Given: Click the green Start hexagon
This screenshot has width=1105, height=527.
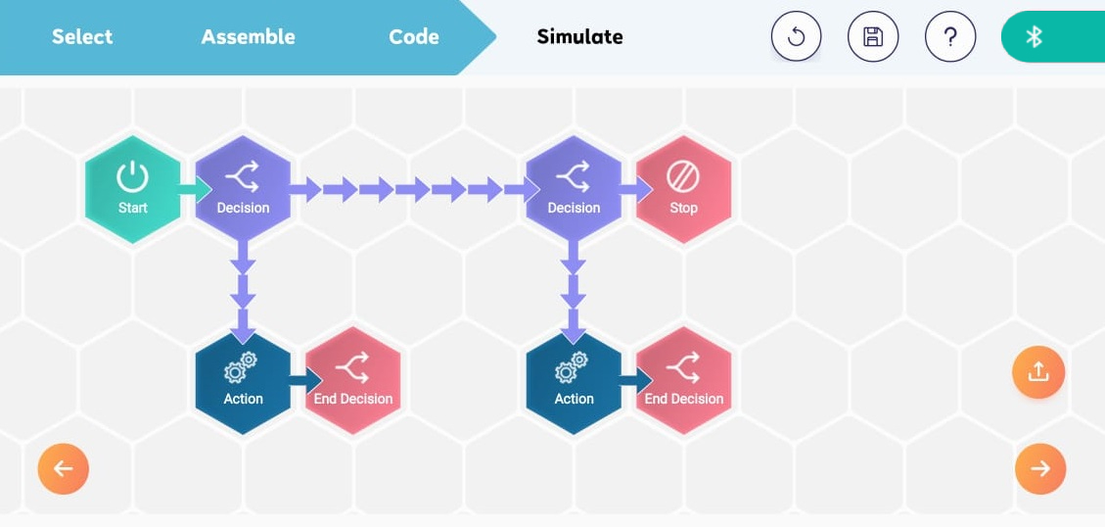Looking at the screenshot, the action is [132, 189].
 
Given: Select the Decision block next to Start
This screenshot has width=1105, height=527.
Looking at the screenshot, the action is [243, 189].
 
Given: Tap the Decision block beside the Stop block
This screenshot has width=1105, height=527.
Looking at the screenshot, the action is [574, 189].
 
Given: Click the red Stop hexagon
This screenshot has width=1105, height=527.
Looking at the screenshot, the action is [683, 189].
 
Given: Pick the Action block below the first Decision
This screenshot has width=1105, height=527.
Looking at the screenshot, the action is [243, 380].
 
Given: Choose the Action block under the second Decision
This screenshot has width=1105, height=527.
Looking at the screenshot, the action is [574, 380].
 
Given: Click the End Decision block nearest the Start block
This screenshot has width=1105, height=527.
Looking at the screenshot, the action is [353, 380].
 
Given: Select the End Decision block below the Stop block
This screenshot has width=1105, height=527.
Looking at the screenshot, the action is [683, 380].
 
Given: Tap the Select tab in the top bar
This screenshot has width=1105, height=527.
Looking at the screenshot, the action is [82, 36].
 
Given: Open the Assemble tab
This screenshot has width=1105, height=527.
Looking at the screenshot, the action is [248, 36].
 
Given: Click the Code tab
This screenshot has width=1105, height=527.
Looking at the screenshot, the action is [414, 36].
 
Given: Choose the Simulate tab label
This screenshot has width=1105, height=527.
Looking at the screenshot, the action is [580, 36].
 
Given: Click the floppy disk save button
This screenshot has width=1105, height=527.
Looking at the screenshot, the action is [873, 36].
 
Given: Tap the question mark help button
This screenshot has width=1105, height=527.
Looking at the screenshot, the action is [950, 36].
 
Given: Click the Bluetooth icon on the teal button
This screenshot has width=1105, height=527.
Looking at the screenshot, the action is [1034, 36].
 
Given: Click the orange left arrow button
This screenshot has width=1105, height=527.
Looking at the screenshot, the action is [64, 468].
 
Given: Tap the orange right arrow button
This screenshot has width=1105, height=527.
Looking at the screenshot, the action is [1040, 468].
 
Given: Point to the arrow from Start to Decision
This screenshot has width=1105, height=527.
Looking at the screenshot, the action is [195, 189].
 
